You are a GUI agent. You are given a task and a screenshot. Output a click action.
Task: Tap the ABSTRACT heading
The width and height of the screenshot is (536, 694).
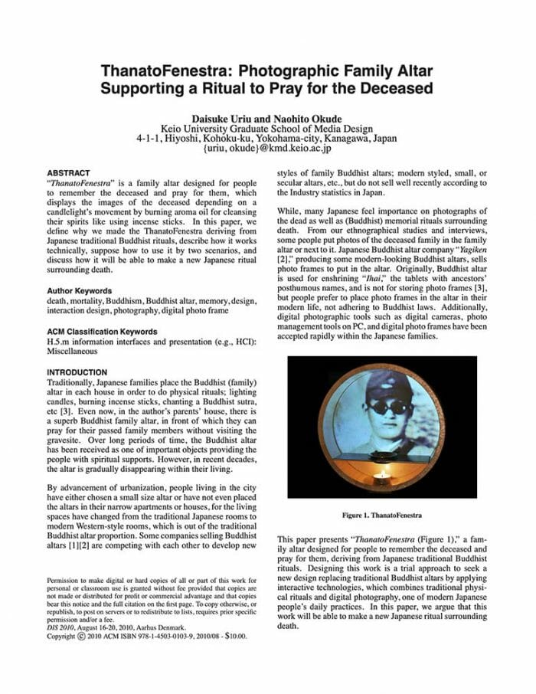pos(68,173)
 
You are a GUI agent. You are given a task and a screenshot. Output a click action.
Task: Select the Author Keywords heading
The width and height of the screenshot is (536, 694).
pos(79,291)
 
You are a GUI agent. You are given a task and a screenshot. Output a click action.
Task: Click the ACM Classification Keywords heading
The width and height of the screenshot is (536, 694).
pos(102,332)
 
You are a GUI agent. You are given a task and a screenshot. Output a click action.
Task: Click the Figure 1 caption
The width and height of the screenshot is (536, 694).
pos(381,515)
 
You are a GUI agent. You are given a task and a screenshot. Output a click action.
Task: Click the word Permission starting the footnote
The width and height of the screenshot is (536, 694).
pos(64,581)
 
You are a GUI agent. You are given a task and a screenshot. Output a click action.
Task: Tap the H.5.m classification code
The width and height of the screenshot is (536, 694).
pos(59,342)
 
